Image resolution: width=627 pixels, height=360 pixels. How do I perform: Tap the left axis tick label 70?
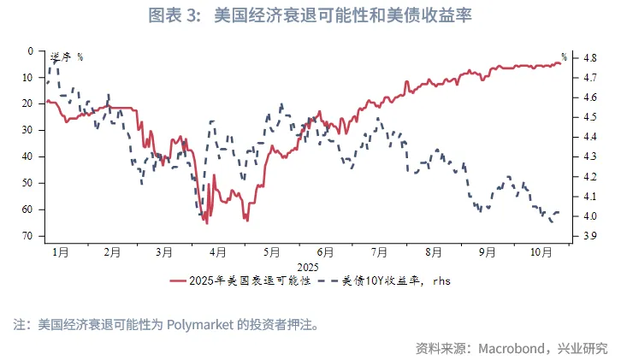[x=27, y=235]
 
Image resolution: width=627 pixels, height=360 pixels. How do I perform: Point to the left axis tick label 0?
[x=30, y=51]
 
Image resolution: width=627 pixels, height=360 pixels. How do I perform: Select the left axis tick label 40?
[x=27, y=156]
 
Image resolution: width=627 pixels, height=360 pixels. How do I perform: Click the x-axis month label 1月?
[x=61, y=252]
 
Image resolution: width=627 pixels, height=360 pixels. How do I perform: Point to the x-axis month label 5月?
[x=272, y=252]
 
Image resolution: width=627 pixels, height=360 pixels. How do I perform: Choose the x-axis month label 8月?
[x=433, y=252]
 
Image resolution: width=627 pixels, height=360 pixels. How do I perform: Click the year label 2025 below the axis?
[x=308, y=266]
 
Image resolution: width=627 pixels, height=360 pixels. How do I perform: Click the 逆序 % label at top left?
[x=66, y=56]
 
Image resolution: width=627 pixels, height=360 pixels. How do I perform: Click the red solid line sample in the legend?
[x=178, y=280]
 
